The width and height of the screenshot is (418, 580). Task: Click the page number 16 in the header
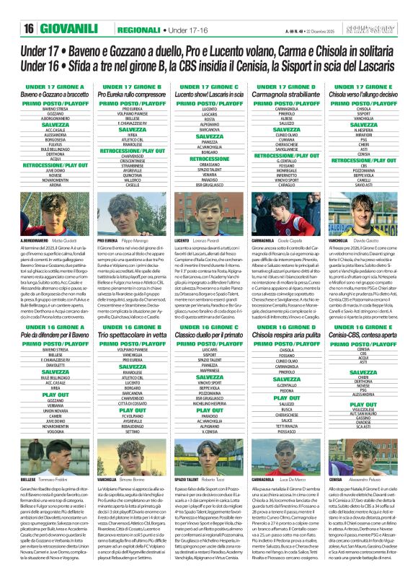(x=29, y=28)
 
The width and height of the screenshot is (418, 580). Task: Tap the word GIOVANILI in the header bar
(x=72, y=28)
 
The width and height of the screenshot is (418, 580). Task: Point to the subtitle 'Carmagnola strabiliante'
(x=286, y=95)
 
